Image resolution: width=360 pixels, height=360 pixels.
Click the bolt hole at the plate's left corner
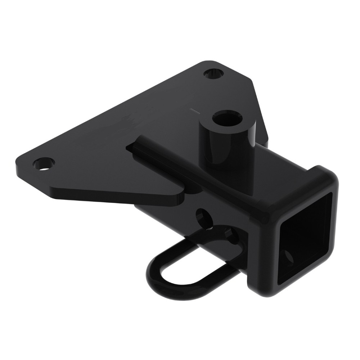coord(43,164)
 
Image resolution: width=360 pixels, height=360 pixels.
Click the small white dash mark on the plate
coord(194,109)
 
